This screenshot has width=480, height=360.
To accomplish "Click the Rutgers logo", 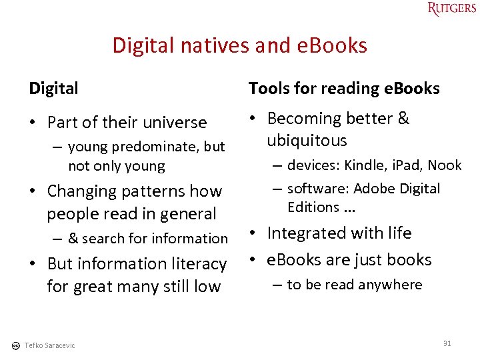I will click(452, 9).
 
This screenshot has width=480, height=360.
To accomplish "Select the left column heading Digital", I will click(53, 88).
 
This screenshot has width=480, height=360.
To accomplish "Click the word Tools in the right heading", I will click(267, 88).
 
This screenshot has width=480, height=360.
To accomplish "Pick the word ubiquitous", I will click(307, 141).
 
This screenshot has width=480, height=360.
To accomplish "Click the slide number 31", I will click(447, 343).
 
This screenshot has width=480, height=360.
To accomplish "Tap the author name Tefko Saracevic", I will click(49, 345).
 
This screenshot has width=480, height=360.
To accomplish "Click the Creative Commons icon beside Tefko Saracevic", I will click(15, 345).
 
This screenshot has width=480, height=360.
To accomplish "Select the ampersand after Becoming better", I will click(403, 119).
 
